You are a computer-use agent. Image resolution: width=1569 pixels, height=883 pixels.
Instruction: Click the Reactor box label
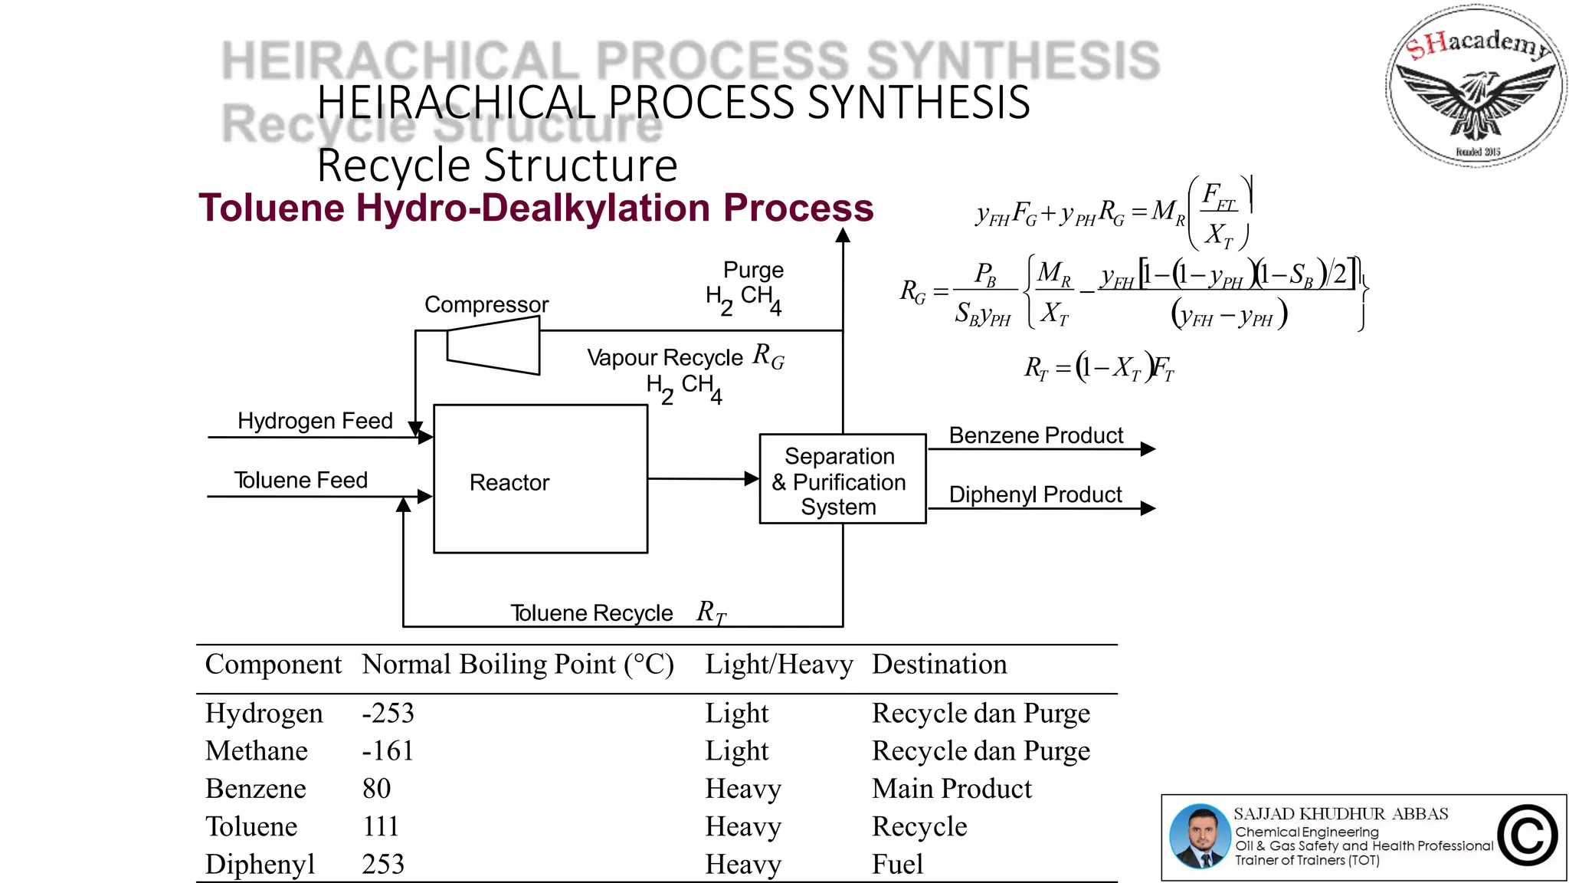509,482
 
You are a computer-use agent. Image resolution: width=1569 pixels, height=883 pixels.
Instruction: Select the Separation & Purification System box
841,480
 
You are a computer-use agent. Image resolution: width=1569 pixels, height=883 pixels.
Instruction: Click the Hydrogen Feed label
315,421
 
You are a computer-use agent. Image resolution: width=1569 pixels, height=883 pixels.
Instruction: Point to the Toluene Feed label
301,480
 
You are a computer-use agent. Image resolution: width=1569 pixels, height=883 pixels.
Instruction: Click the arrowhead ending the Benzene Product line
1148,449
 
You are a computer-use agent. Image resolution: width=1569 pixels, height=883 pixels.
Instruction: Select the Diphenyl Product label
1034,494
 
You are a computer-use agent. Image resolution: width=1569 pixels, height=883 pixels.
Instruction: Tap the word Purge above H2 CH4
753,270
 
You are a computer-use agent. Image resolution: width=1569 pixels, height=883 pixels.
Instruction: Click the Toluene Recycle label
591,613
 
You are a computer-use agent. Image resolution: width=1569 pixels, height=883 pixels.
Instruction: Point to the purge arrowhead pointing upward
843,235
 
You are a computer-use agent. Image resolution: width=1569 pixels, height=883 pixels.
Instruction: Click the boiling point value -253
388,713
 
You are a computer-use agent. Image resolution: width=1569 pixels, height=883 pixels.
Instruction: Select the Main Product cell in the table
952,789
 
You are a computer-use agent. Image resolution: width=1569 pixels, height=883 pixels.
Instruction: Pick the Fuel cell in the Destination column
897,864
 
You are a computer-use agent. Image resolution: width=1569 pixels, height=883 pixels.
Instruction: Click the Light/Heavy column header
778,665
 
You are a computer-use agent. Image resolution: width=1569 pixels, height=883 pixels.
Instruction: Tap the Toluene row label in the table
251,826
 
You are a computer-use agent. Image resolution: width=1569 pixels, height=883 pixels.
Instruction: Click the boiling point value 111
380,826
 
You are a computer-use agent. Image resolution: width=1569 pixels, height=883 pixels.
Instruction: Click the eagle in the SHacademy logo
1476,103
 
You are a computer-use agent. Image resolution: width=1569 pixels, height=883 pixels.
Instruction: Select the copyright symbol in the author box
1527,836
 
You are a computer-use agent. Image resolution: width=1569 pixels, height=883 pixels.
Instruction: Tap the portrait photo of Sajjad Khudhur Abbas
1199,836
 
